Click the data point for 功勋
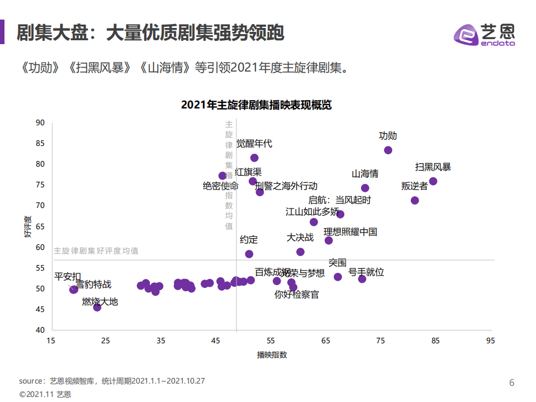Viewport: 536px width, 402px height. [x=388, y=150]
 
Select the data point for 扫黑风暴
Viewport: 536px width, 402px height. [x=433, y=181]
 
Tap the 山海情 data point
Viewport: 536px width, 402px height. [x=365, y=188]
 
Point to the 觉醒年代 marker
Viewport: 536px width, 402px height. [x=254, y=158]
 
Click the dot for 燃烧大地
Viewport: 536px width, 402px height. [x=97, y=307]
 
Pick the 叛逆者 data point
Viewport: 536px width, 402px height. [x=415, y=200]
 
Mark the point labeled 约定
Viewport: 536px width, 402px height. [x=249, y=254]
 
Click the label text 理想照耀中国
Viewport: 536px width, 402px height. [x=350, y=231]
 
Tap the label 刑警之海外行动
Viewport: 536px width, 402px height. [x=286, y=186]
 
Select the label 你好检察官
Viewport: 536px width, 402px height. [x=297, y=294]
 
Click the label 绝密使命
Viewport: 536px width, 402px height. [x=220, y=186]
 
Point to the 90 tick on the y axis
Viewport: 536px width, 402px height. [x=40, y=123]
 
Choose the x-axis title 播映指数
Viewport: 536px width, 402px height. [x=272, y=354]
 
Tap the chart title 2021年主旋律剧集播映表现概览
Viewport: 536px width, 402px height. [x=257, y=105]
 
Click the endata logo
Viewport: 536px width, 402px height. [x=484, y=35]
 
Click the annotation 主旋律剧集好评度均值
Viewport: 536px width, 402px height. [x=96, y=251]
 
